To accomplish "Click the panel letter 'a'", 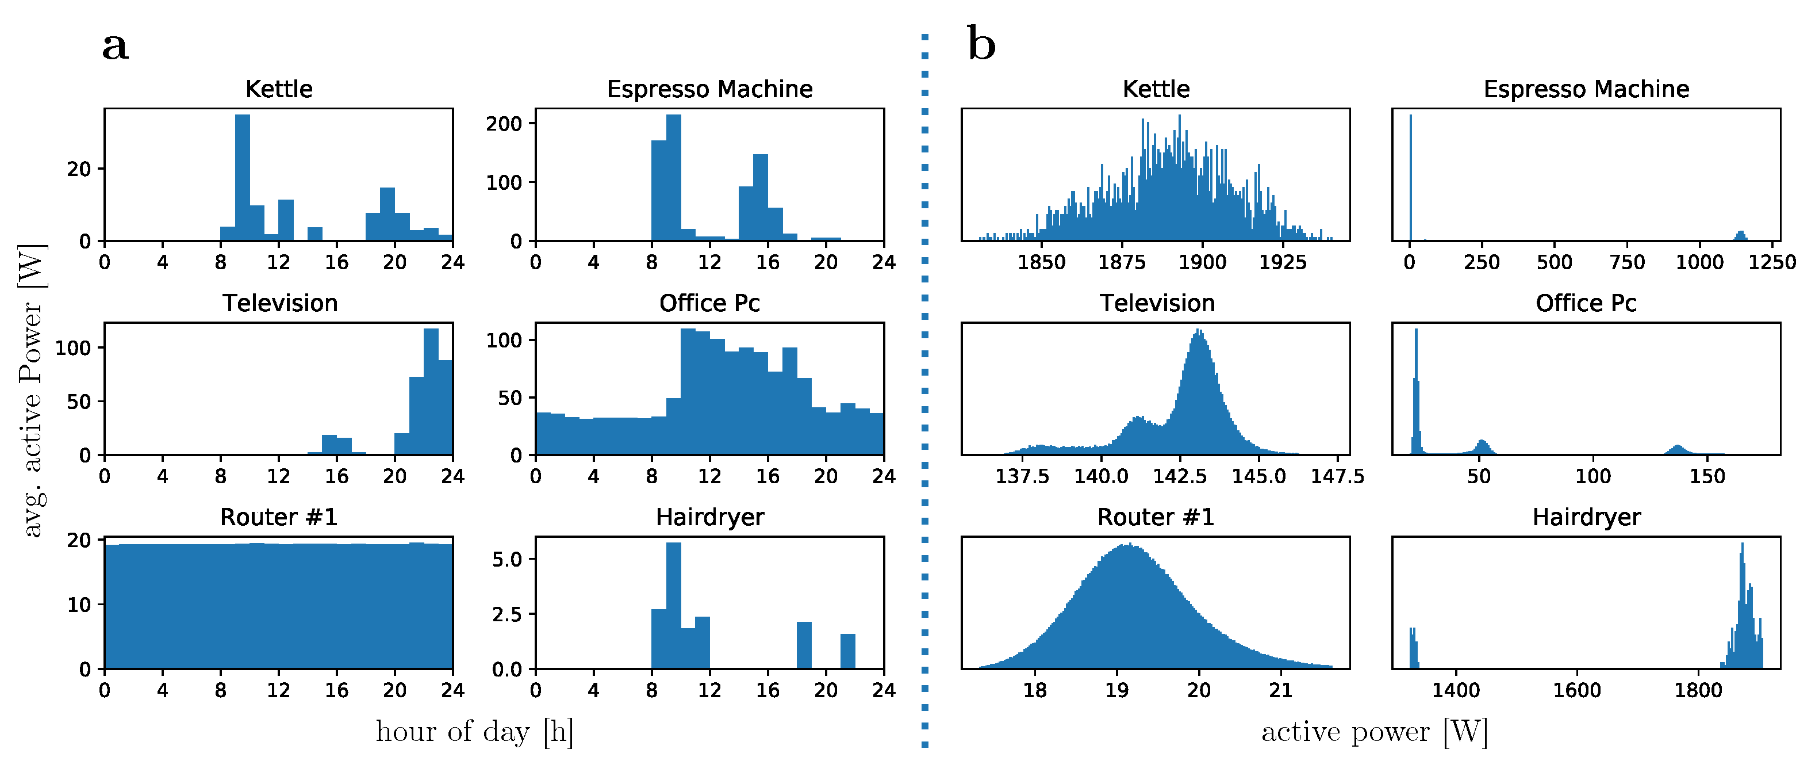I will [x=115, y=47].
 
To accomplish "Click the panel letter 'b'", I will [x=981, y=44].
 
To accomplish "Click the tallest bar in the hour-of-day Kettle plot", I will [x=242, y=177].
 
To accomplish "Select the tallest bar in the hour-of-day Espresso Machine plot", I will [x=674, y=177].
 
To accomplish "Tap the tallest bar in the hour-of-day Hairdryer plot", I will [x=674, y=604].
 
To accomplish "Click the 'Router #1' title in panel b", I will [x=1155, y=517].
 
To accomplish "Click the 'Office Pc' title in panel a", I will [x=709, y=303].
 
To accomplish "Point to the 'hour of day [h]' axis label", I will [x=474, y=732].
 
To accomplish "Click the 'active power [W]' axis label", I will [x=1374, y=732].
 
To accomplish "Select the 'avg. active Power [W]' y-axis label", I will [x=32, y=390].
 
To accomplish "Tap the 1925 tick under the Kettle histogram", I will [x=1283, y=262].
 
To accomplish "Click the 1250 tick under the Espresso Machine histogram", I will [x=1772, y=262].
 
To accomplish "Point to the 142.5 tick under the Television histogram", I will [x=1179, y=476].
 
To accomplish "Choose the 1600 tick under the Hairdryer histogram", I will [x=1577, y=690].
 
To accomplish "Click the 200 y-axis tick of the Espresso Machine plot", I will [x=504, y=124].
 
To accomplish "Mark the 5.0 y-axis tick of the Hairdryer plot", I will [x=506, y=560].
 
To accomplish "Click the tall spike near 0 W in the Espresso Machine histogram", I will [x=1410, y=177].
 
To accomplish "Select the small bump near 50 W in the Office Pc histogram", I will [x=1482, y=448].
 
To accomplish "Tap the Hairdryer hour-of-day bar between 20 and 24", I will [x=847, y=651].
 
